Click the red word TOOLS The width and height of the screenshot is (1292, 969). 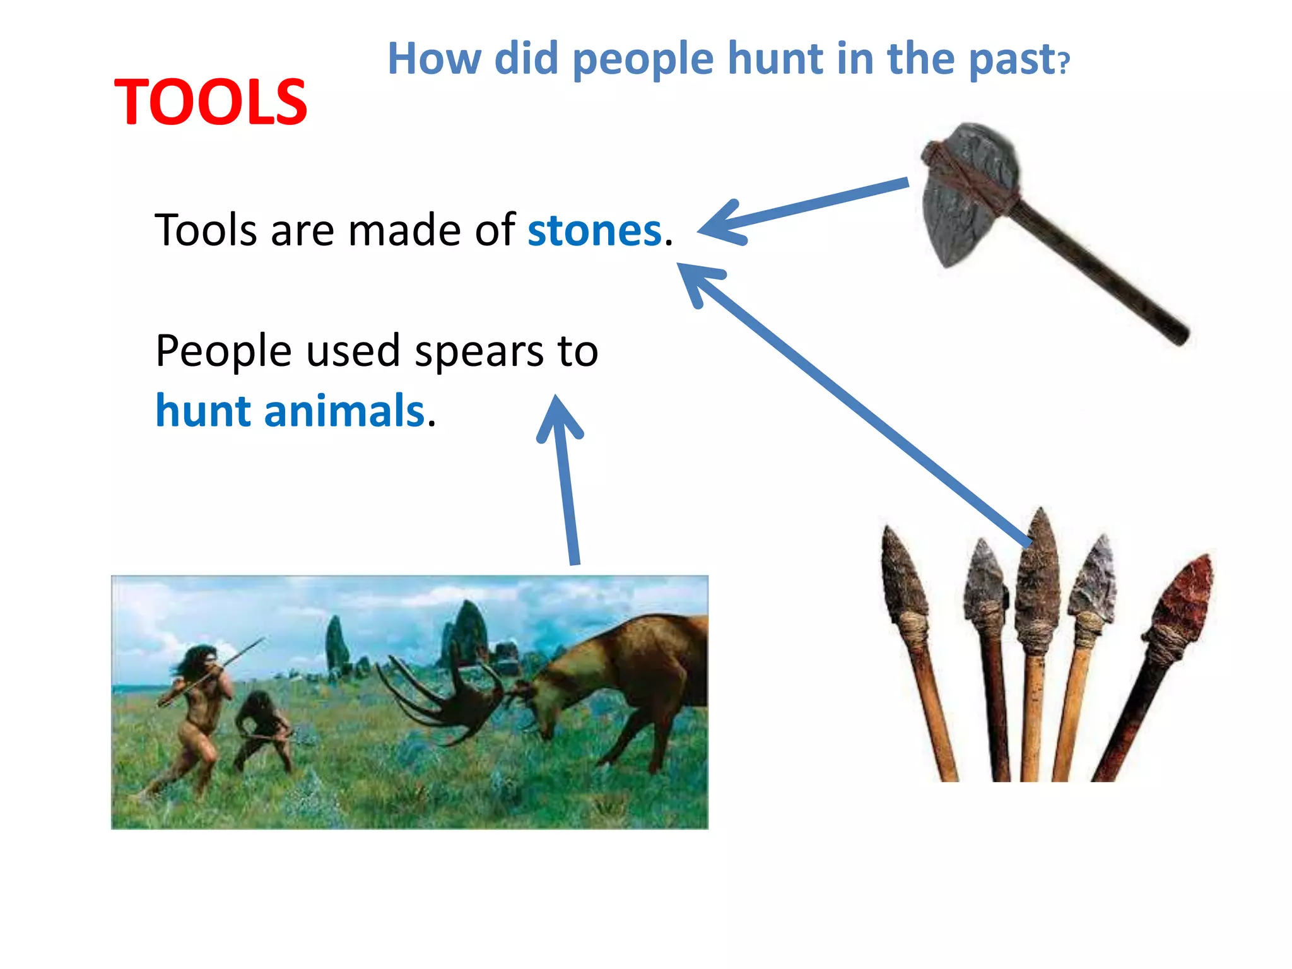tap(210, 102)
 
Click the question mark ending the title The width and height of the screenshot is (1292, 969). tap(1064, 63)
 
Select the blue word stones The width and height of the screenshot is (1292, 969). tap(594, 231)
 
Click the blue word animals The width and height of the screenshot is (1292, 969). tap(344, 411)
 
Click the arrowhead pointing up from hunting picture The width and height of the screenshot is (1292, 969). tap(558, 420)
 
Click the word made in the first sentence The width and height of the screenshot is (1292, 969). tap(404, 231)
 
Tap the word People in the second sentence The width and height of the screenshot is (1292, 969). tap(223, 351)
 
